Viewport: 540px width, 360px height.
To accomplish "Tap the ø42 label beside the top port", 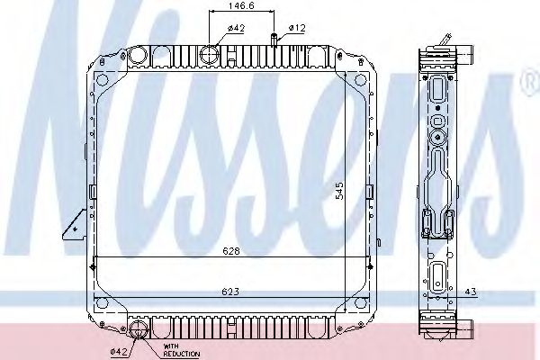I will (x=236, y=28).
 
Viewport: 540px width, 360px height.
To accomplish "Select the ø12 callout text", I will (x=297, y=28).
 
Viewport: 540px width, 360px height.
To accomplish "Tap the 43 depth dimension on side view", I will (x=471, y=292).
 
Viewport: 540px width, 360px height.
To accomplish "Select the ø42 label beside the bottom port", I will (x=117, y=350).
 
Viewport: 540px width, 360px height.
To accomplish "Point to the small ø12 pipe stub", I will (x=273, y=39).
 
